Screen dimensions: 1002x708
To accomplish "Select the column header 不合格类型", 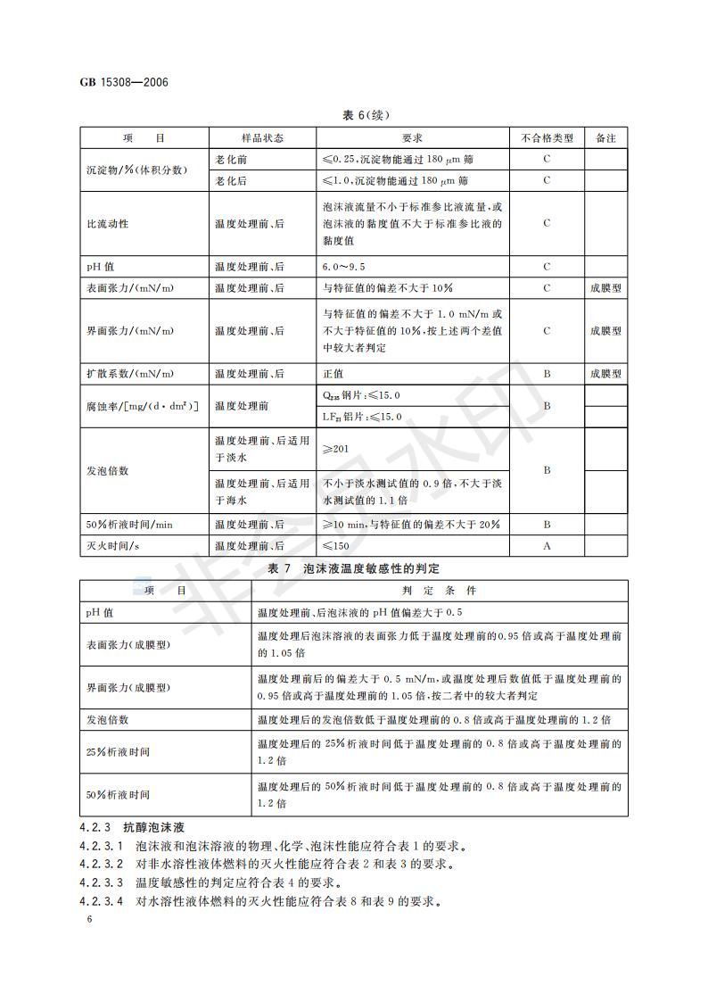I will (547, 139).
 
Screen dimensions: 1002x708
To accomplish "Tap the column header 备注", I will (605, 139).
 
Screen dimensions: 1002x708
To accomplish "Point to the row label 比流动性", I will (107, 223).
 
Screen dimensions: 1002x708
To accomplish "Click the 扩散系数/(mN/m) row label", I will (130, 374).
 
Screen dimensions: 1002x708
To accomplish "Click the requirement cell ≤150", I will (335, 545).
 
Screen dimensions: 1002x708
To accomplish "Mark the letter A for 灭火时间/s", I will (547, 545).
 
